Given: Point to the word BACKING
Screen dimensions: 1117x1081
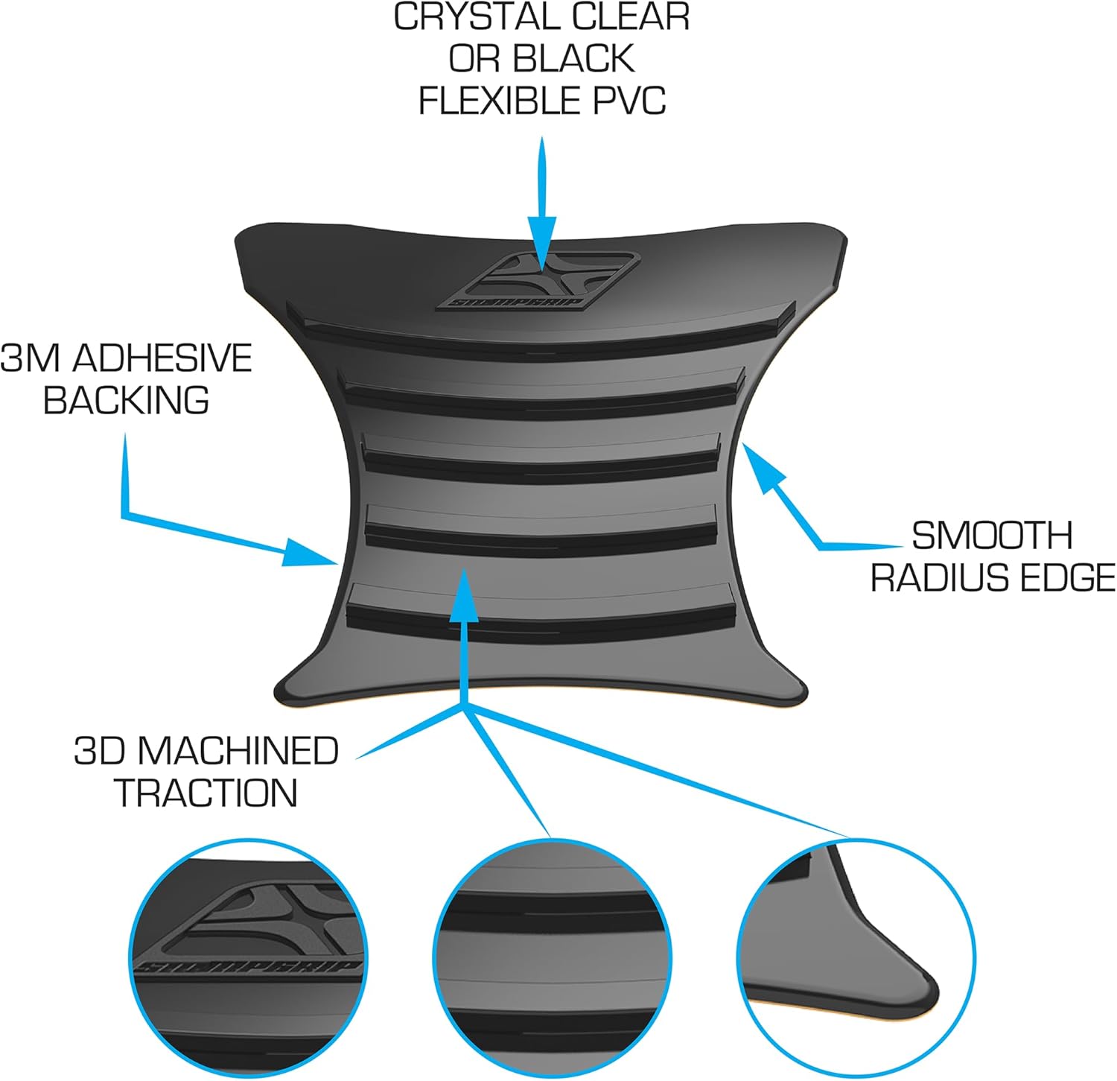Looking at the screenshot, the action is (126, 401).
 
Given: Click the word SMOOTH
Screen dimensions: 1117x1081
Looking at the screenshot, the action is (992, 536).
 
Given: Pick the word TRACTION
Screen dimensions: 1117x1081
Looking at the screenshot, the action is (207, 793).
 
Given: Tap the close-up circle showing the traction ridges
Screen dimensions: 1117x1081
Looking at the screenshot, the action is (552, 957).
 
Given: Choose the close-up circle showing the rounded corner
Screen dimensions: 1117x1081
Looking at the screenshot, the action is (856, 957).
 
